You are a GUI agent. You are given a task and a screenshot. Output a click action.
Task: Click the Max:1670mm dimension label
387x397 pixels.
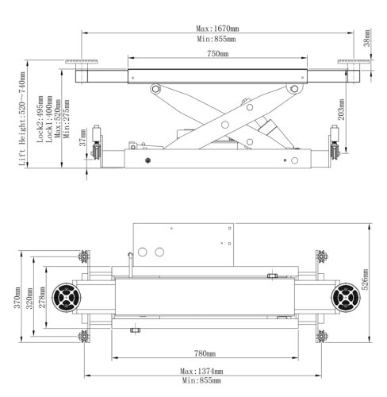point(217,29)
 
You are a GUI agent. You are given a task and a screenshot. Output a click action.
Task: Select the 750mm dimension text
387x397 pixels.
point(217,54)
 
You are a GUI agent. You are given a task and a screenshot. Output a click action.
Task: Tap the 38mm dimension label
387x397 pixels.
point(367,38)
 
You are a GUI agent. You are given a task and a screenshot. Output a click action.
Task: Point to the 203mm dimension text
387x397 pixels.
point(341,110)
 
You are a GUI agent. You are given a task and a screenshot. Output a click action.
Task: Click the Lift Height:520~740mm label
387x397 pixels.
point(22,119)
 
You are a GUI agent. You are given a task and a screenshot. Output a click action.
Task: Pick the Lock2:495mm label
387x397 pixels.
point(40,119)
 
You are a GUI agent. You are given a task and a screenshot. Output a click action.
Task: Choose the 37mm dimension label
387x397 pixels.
point(82,137)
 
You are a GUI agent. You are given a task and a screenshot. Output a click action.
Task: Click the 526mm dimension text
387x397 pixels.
point(365,279)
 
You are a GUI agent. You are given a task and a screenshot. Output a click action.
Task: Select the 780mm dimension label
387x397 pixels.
point(205,353)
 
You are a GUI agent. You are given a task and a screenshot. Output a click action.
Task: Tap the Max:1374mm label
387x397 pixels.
point(201,371)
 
